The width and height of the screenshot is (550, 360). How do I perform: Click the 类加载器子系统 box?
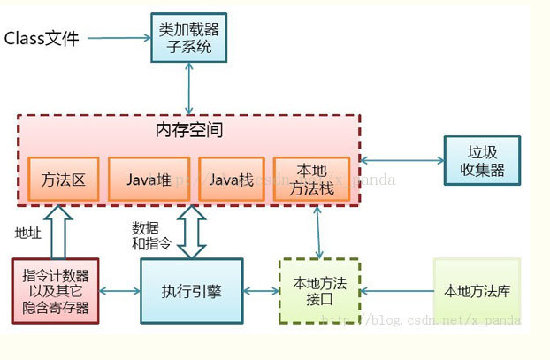[x=186, y=37]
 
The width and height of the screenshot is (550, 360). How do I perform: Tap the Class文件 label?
[x=42, y=38]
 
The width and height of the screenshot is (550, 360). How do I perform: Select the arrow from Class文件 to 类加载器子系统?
[x=118, y=38]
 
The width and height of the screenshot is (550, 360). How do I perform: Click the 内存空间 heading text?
[x=188, y=131]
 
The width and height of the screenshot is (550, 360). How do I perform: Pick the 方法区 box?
[x=64, y=180]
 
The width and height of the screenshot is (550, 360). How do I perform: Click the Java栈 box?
[x=232, y=180]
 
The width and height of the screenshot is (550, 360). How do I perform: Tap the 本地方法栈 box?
[x=311, y=180]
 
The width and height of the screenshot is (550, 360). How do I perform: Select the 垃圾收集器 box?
[x=482, y=159]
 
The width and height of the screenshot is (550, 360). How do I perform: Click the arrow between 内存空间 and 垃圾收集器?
[x=402, y=160]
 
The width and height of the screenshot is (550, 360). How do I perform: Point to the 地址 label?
[x=27, y=233]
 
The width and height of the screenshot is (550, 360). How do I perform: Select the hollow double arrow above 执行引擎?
[x=191, y=231]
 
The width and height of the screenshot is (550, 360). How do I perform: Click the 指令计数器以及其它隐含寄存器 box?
[x=56, y=291]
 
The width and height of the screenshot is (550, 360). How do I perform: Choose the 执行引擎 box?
[x=191, y=291]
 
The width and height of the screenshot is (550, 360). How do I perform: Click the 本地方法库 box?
[x=477, y=291]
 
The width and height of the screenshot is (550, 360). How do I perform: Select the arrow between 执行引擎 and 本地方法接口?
[x=261, y=291]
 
